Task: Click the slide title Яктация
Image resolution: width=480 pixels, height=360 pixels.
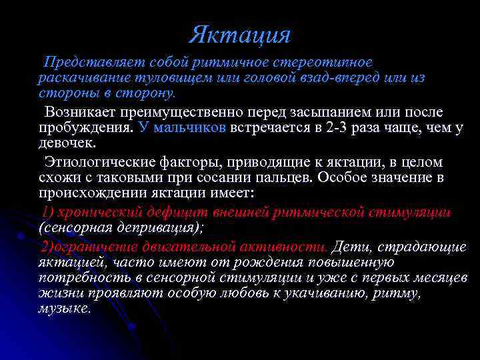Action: click(239, 35)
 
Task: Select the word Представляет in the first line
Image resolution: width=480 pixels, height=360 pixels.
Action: click(84, 63)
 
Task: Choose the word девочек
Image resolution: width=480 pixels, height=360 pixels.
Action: click(66, 143)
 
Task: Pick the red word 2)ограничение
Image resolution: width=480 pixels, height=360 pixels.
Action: click(94, 247)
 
